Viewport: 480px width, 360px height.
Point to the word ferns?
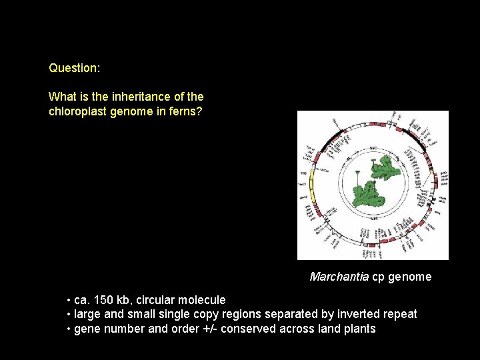pyautogui.click(x=185, y=111)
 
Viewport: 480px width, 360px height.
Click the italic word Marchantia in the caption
pyautogui.click(x=339, y=277)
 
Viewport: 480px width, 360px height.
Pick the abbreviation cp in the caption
pyautogui.click(x=378, y=277)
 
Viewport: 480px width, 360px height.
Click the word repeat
pyautogui.click(x=399, y=314)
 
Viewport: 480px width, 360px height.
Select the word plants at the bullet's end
pyautogui.click(x=359, y=329)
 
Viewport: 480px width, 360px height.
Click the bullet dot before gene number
pyautogui.click(x=69, y=329)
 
